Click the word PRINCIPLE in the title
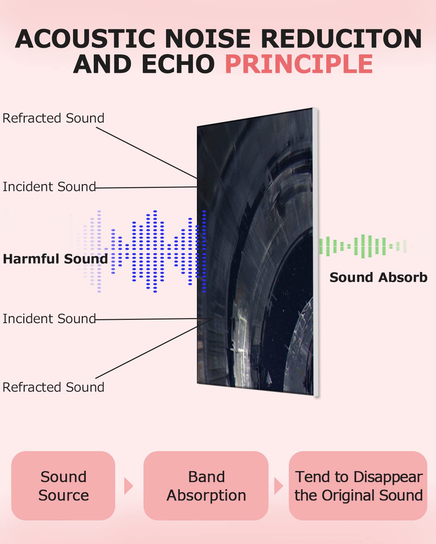tap(299, 65)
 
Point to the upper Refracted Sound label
tap(53, 118)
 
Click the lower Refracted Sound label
tap(53, 387)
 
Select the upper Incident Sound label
tap(49, 187)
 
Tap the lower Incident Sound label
tap(49, 319)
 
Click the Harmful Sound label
tap(55, 259)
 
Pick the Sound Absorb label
tap(378, 277)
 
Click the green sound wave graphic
tap(363, 246)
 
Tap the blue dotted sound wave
tap(153, 251)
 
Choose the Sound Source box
tap(63, 486)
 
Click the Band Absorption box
tap(206, 486)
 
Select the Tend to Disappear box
tap(358, 486)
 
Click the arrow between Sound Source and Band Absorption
tap(128, 486)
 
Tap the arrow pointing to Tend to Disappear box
tap(278, 486)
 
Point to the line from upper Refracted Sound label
tap(145, 152)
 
